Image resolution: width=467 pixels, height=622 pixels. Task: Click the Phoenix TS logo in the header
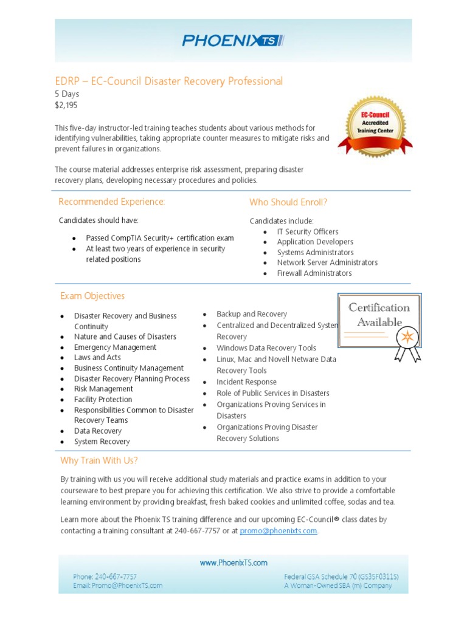tap(233, 41)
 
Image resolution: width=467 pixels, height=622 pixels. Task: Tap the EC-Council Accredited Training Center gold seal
tap(375, 127)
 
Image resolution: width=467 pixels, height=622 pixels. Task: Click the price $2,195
tap(66, 105)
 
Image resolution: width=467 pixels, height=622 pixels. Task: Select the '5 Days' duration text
tap(67, 94)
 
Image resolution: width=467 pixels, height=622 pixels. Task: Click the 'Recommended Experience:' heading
tap(111, 202)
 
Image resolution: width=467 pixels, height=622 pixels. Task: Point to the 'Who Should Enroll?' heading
tap(288, 202)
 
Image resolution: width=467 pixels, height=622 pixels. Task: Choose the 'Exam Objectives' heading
tap(92, 296)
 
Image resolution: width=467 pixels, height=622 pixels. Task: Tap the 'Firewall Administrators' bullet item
tap(314, 273)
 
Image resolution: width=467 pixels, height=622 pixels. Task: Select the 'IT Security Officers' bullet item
tap(308, 231)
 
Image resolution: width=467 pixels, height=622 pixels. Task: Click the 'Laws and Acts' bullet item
tap(97, 358)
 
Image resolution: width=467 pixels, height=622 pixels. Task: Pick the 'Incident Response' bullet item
tap(246, 382)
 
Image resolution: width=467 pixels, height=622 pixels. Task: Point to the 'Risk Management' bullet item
tap(103, 389)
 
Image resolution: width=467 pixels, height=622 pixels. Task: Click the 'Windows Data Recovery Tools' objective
tap(266, 348)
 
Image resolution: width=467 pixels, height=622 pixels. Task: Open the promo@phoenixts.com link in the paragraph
tap(278, 531)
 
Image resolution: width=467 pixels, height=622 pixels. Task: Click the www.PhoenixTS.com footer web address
tap(233, 563)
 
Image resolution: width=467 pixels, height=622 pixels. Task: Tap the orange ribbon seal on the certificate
tap(407, 337)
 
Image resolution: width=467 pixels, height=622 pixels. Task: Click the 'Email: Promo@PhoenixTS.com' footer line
tap(117, 586)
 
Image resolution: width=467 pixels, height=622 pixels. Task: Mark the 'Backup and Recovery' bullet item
tap(252, 314)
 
